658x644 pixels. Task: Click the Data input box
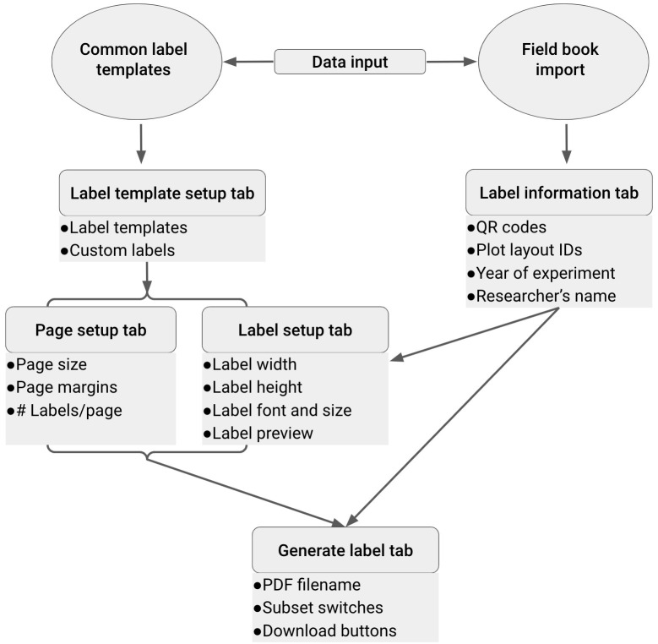350,62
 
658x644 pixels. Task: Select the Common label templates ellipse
137,62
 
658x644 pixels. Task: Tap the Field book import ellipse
563,62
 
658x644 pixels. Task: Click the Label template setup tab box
162,194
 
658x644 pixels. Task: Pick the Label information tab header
559,193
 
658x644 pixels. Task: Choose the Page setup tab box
90,330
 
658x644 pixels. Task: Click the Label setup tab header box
295,330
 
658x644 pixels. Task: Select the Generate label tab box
345,550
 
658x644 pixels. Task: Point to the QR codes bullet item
507,227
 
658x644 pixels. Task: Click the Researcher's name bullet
541,296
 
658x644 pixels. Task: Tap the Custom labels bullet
117,250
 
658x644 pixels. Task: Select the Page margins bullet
63,387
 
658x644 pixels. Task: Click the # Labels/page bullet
65,410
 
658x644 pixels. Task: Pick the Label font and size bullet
277,410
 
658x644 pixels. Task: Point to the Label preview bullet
258,434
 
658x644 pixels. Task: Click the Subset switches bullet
318,608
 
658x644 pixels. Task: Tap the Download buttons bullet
325,630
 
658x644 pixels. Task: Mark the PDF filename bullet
307,585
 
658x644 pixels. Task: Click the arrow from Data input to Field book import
452,62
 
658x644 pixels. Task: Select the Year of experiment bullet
541,273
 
